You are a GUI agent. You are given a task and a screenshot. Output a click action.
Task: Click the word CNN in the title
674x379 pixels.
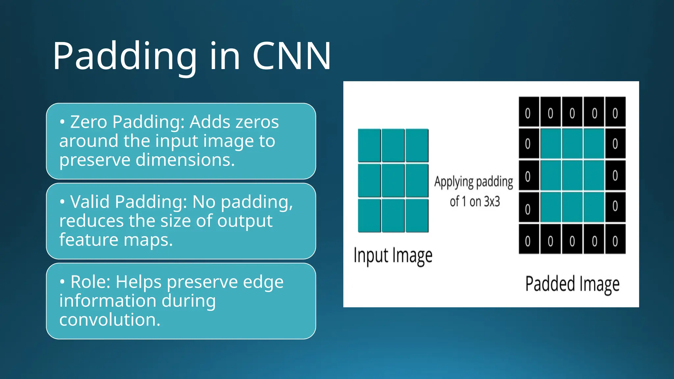tap(292, 56)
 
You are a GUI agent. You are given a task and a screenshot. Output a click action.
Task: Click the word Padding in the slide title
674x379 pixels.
tap(125, 56)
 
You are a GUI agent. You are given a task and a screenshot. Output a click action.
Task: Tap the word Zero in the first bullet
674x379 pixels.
tap(89, 122)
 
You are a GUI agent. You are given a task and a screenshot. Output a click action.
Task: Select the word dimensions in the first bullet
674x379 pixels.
tap(185, 160)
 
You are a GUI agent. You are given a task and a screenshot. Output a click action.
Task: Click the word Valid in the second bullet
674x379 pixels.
tap(90, 202)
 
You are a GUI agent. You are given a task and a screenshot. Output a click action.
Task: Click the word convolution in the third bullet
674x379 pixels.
tap(110, 319)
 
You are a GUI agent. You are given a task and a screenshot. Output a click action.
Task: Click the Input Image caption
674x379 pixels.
tap(393, 256)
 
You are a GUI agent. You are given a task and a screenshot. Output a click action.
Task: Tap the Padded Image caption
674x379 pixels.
tap(572, 284)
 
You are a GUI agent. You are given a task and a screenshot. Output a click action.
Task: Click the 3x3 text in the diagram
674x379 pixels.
tap(492, 201)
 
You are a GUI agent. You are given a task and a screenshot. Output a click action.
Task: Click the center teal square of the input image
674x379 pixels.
tap(393, 180)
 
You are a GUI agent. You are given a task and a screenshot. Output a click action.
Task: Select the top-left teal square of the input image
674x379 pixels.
tap(369, 145)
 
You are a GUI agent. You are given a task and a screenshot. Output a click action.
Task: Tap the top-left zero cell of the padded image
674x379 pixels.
tap(529, 112)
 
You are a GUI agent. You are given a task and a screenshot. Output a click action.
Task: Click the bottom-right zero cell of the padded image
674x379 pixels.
tap(615, 240)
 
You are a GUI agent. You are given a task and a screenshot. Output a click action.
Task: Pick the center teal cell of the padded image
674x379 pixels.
tap(572, 175)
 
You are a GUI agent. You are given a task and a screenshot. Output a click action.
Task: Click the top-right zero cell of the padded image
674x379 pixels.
tap(615, 112)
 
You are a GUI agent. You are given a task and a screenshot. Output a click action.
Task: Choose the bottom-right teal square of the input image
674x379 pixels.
tap(417, 215)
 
